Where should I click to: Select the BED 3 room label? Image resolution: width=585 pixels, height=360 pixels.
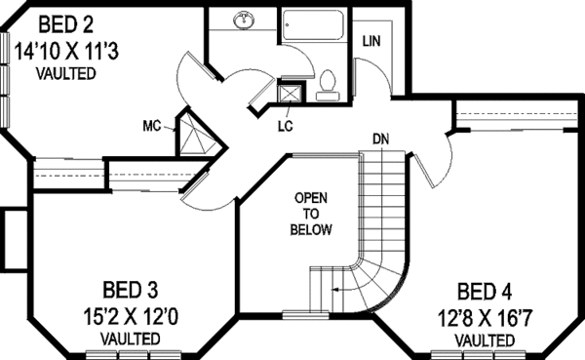coord(130,290)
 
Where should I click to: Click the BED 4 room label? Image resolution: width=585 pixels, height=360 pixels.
coord(485,291)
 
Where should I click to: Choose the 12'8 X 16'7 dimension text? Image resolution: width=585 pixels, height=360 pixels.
coord(485,316)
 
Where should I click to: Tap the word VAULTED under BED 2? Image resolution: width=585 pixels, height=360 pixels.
coord(65,74)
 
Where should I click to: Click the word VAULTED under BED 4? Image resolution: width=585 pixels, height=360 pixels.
coord(485,340)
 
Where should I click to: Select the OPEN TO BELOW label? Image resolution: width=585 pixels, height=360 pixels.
coord(312,214)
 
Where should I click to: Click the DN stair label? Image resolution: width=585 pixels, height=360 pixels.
coord(380,139)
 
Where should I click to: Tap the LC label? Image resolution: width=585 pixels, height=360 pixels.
coord(285,126)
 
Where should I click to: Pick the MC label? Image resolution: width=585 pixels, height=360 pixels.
coord(151,126)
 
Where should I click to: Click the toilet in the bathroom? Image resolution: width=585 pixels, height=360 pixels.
coord(328,83)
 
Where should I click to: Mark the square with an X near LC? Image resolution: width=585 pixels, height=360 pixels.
coord(289,95)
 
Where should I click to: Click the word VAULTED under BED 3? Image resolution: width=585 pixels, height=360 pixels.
coord(130,338)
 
